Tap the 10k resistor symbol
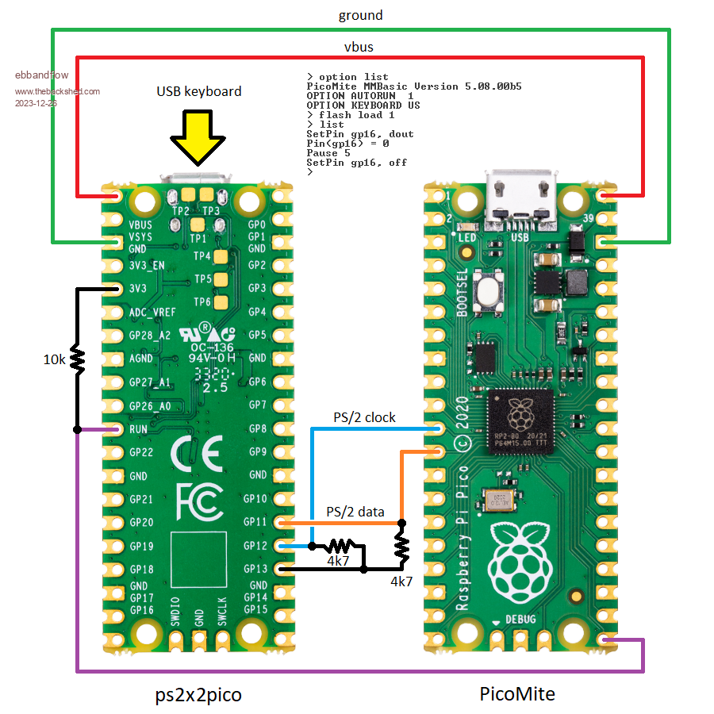(78, 359)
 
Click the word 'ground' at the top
(360, 15)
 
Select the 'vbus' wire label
(358, 47)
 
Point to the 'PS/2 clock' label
(364, 417)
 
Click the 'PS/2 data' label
(355, 512)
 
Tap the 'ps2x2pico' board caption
(198, 694)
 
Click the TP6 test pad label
(203, 302)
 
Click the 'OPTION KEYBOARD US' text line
(363, 105)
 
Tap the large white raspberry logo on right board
(520, 559)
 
